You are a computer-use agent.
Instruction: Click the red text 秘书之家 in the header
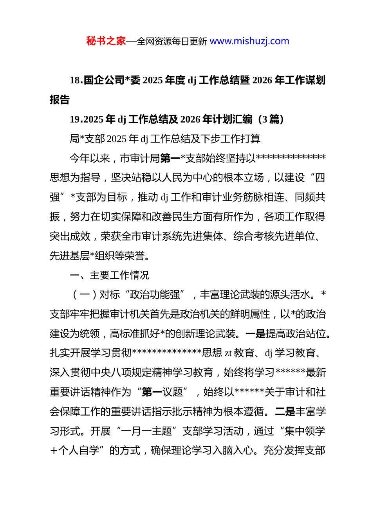[106, 41]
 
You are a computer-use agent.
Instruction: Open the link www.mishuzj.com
[249, 41]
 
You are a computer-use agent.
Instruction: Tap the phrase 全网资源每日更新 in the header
[172, 41]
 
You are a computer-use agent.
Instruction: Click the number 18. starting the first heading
[76, 80]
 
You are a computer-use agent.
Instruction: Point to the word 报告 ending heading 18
[60, 100]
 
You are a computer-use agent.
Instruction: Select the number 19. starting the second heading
[76, 119]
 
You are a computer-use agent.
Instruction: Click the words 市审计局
[140, 159]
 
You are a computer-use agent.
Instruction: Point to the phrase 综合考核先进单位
[274, 236]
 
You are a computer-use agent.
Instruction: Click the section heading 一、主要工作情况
[109, 276]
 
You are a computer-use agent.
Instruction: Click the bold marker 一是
[255, 334]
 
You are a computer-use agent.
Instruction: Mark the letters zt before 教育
[228, 353]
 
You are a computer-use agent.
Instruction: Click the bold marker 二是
[285, 412]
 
